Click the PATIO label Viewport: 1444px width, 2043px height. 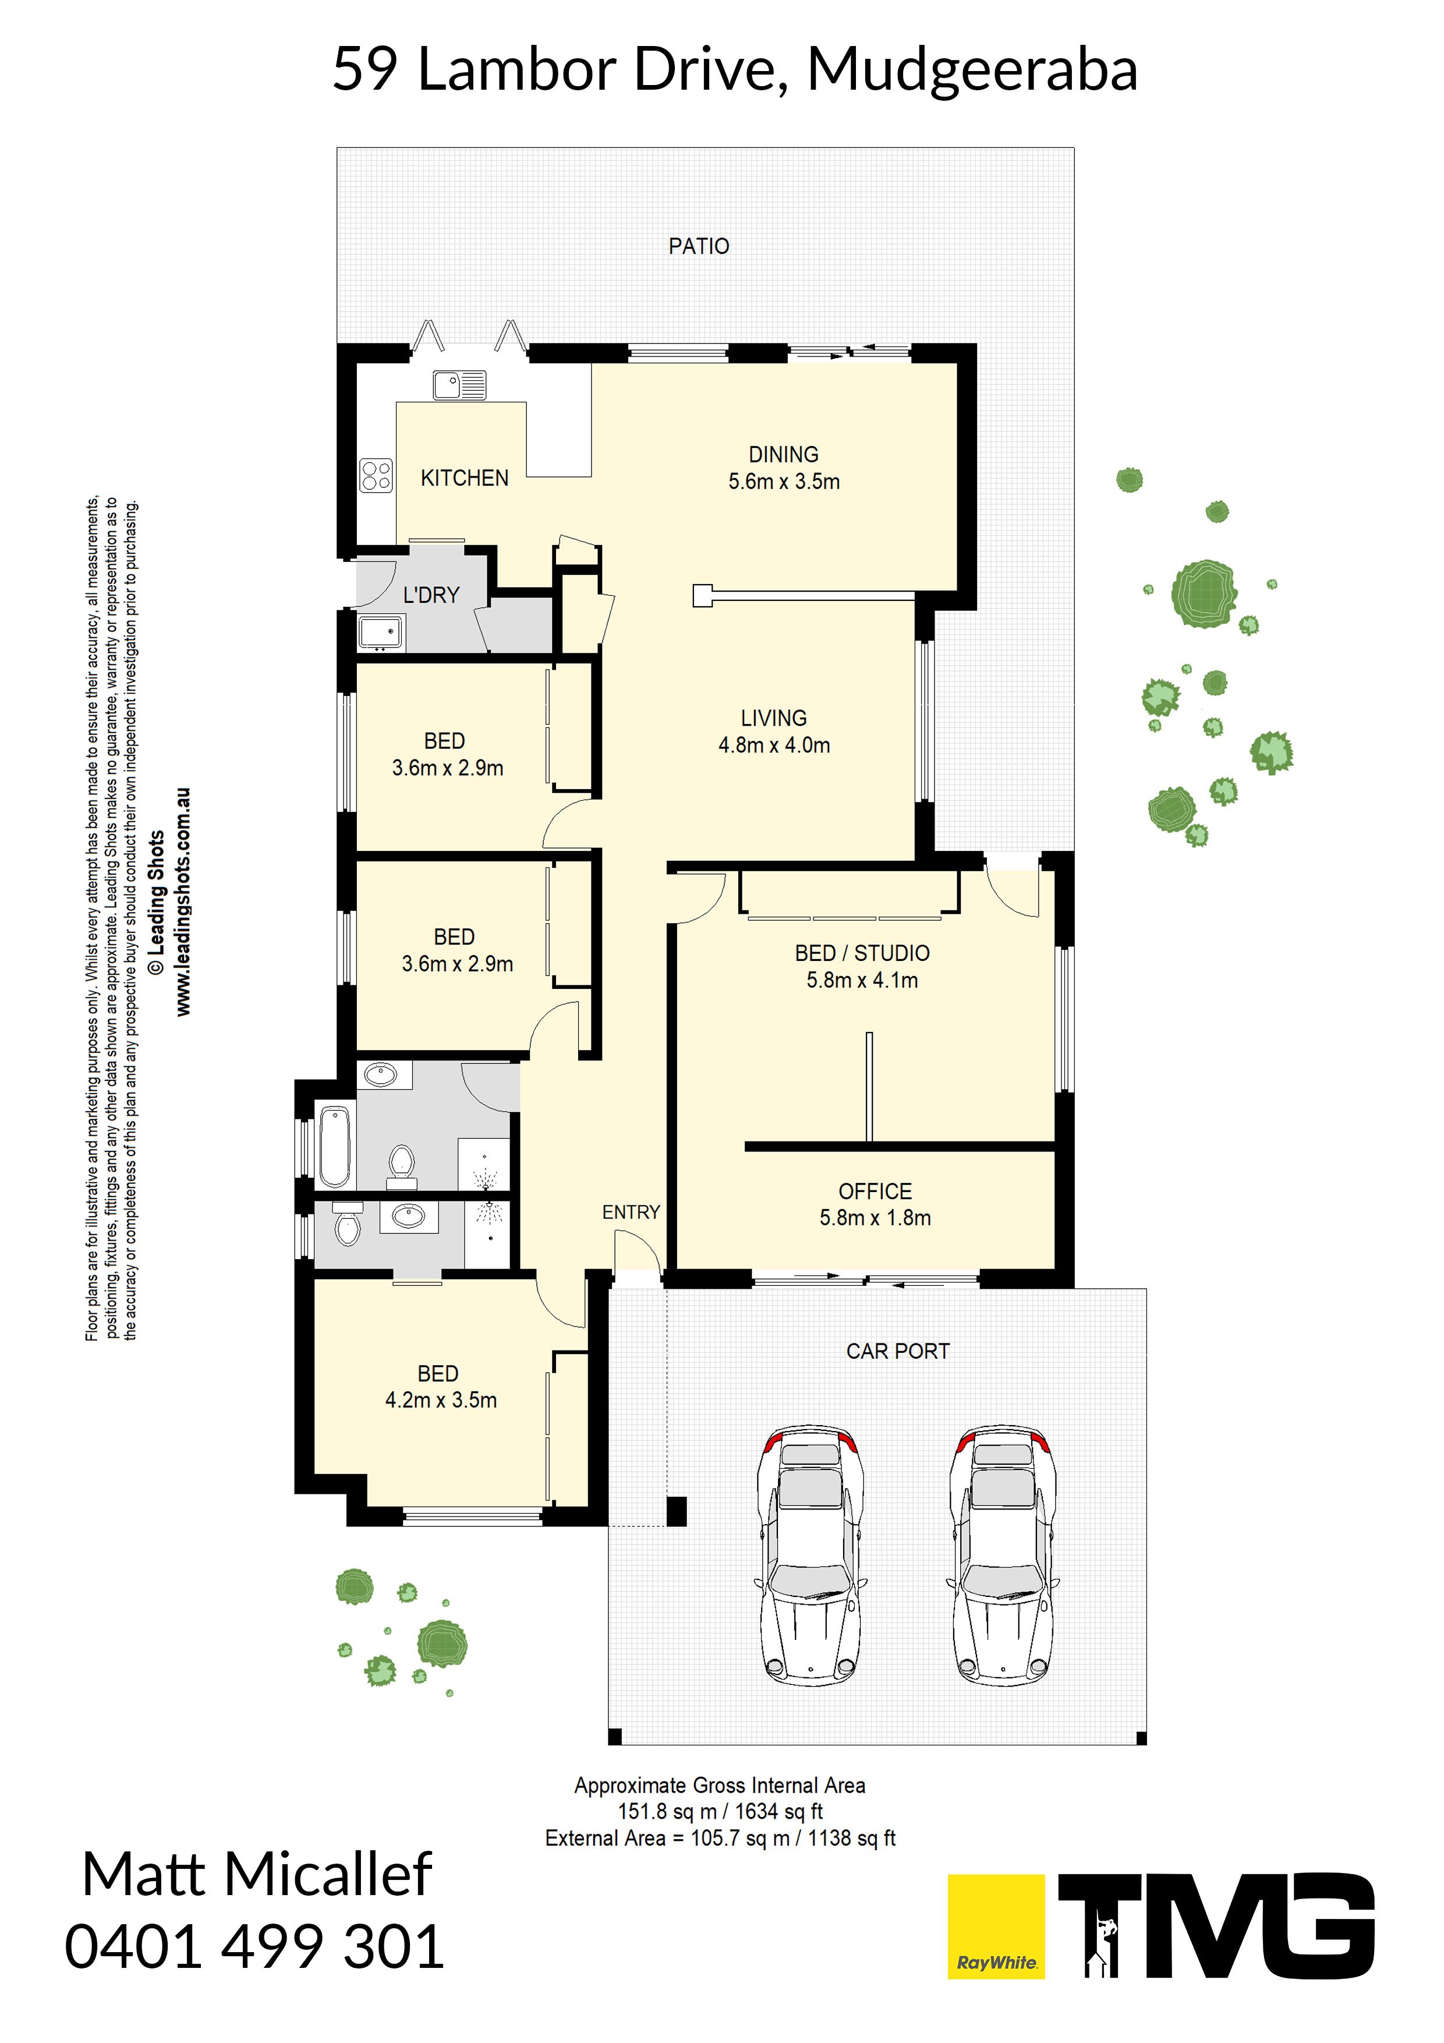coord(699,246)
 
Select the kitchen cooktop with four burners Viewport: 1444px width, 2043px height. coord(376,475)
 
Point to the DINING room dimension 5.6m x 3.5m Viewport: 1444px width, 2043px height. coord(784,482)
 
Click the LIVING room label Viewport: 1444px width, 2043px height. coord(774,718)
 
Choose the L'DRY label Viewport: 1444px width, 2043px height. coord(431,595)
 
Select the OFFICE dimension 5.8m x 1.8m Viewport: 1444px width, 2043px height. coord(876,1218)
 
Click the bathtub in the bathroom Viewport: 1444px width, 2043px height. coord(335,1146)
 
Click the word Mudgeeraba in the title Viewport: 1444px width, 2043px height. coord(972,70)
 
